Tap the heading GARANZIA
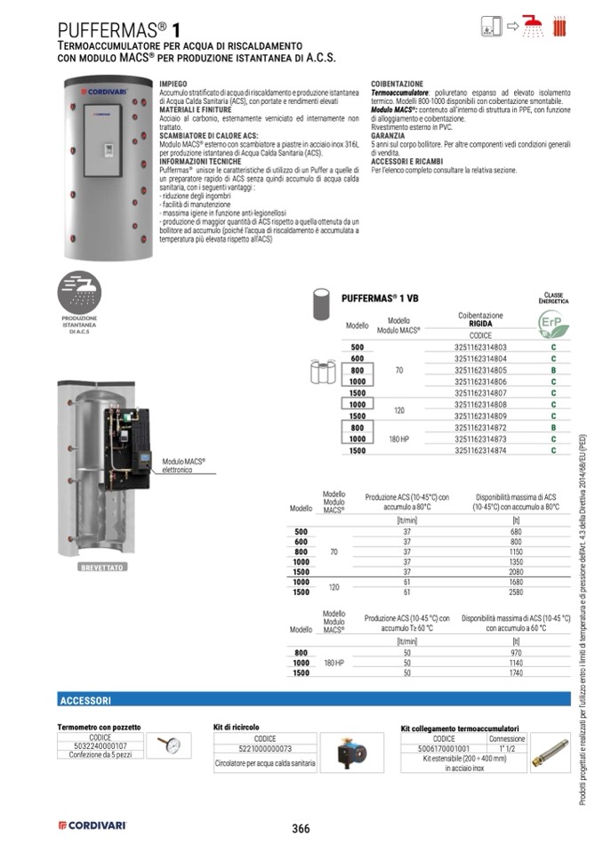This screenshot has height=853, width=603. [388, 135]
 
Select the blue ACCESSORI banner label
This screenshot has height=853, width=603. [85, 701]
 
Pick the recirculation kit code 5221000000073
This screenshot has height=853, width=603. [265, 749]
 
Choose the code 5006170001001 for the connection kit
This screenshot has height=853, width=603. [444, 749]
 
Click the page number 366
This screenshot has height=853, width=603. [301, 828]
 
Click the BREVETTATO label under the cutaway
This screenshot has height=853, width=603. [101, 566]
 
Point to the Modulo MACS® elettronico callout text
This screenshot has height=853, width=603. [185, 464]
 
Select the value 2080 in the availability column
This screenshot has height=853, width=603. [517, 571]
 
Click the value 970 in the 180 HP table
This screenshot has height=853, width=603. [517, 653]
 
